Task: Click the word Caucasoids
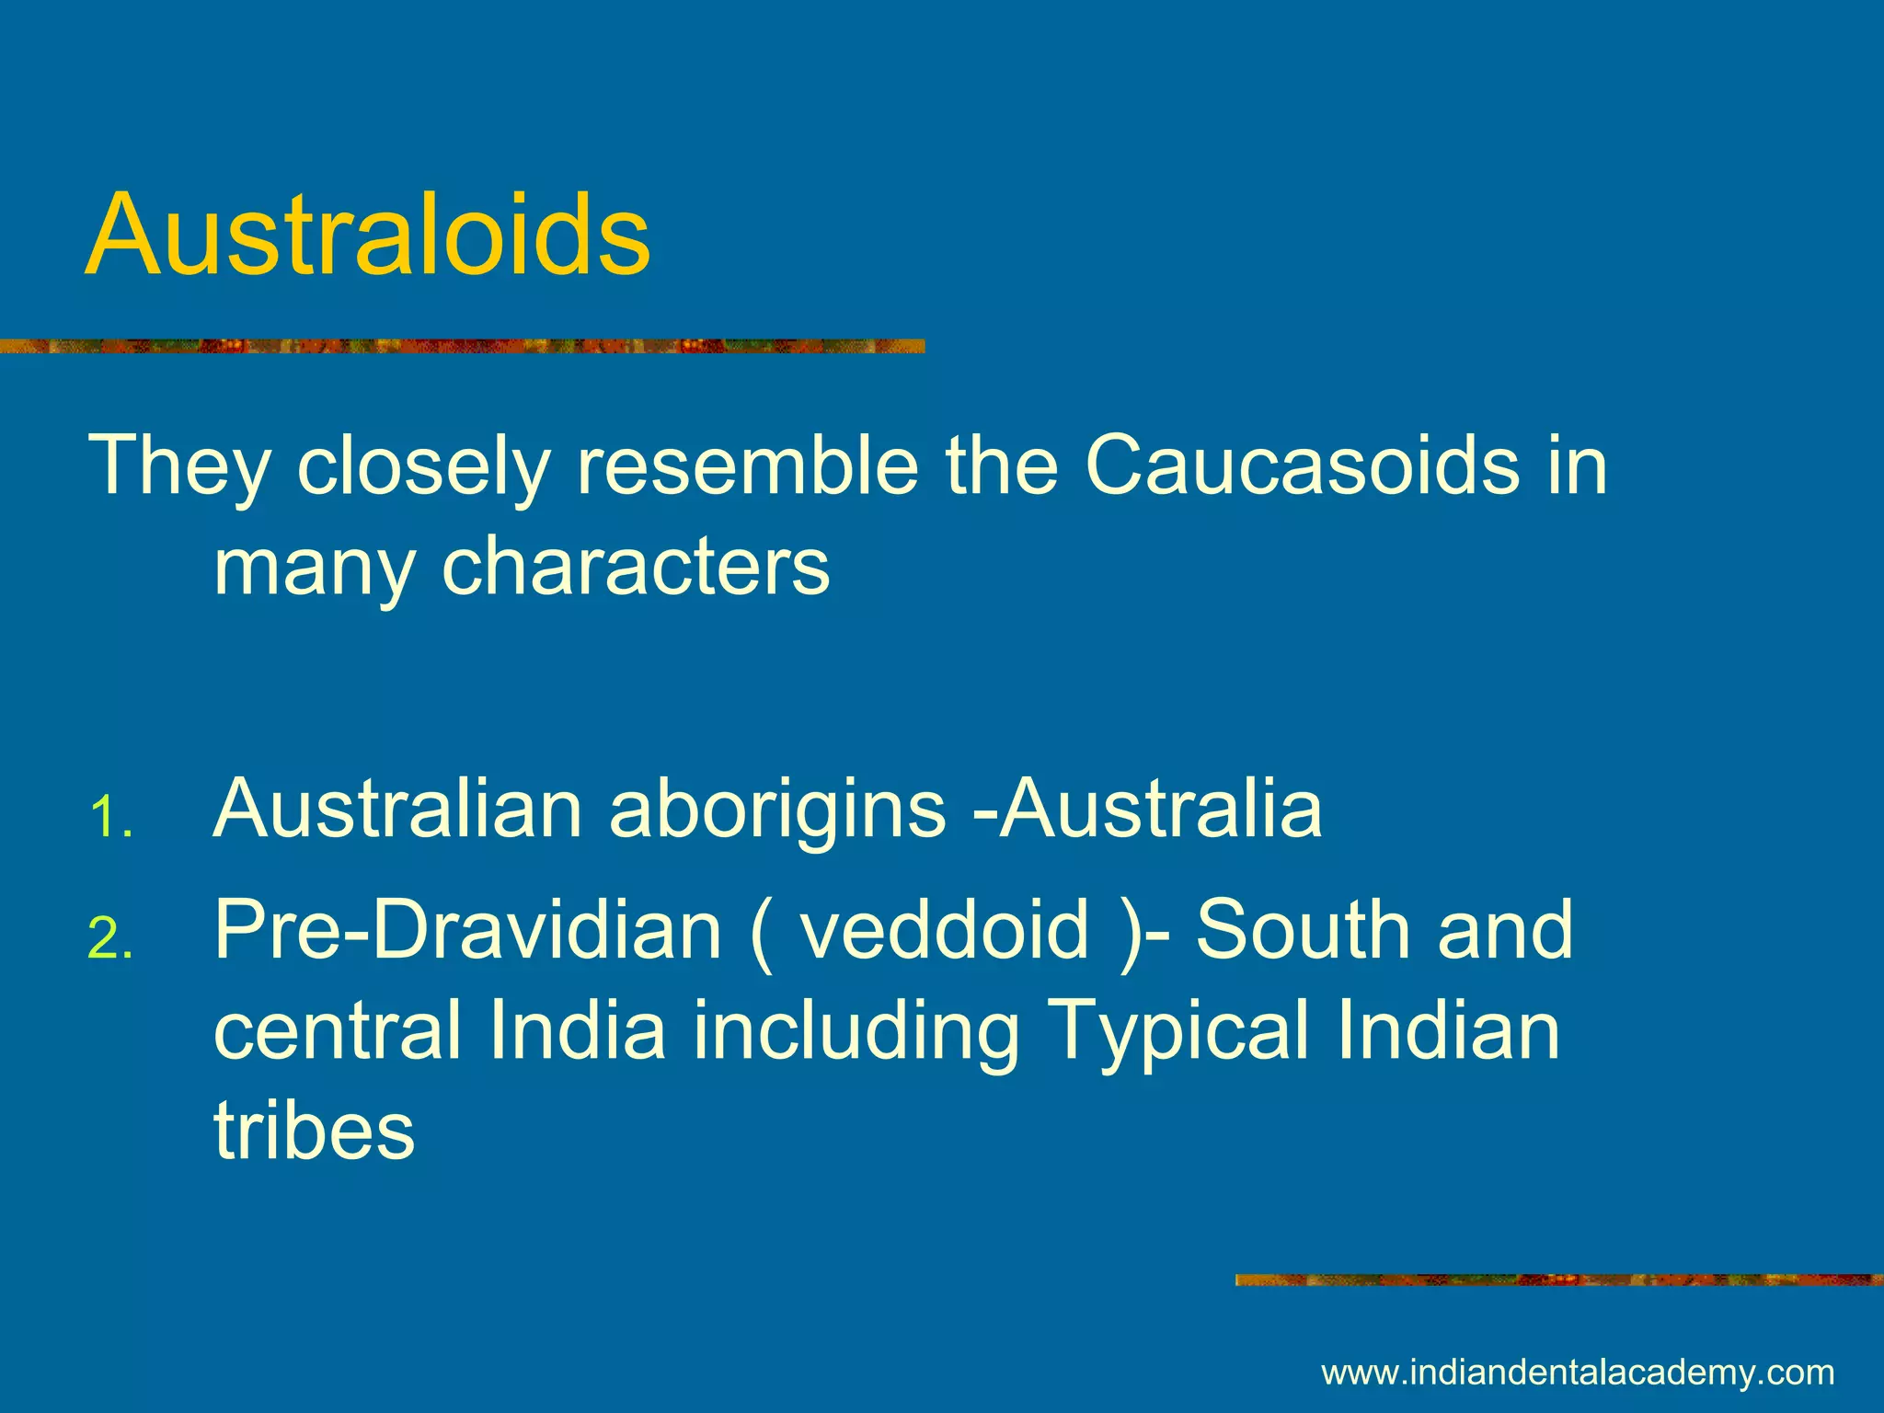point(1301,465)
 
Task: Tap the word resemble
point(746,465)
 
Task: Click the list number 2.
point(109,940)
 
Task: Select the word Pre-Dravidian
point(468,931)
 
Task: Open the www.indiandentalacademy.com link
point(1578,1373)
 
